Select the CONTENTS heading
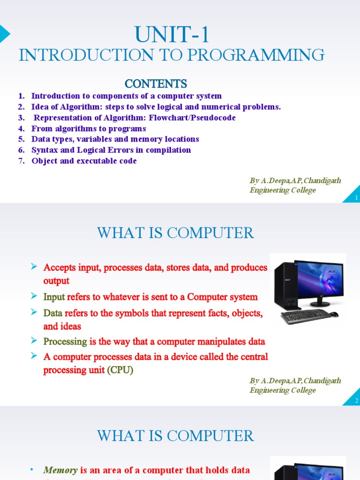[x=156, y=83]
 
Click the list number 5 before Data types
[x=21, y=139]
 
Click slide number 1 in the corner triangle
[x=356, y=198]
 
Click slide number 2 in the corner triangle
[x=356, y=401]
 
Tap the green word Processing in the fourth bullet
[x=65, y=341]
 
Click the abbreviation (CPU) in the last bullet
[x=120, y=370]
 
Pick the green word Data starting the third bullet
[x=53, y=313]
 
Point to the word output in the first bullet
[x=56, y=281]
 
